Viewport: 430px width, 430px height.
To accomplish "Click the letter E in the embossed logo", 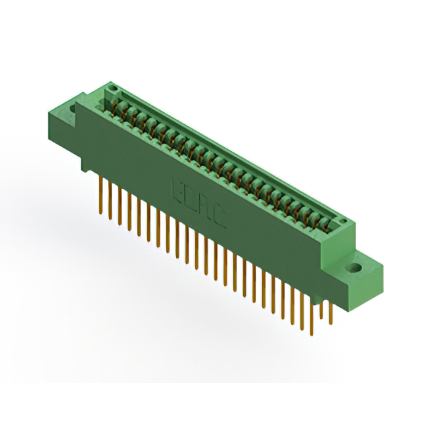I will [179, 187].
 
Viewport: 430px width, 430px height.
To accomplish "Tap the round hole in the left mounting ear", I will [69, 105].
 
